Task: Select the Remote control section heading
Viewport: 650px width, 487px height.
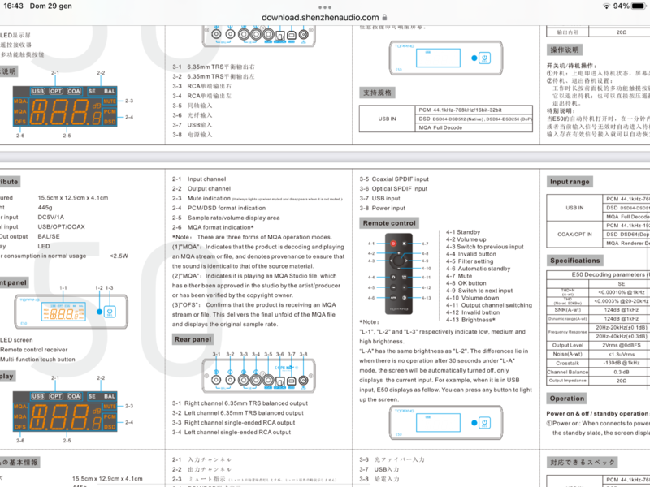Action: (389, 222)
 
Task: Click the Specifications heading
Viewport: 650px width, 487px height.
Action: (574, 261)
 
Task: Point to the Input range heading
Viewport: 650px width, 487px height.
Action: (569, 182)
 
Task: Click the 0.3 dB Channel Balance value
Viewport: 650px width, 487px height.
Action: (621, 373)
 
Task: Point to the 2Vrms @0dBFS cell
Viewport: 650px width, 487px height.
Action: (621, 345)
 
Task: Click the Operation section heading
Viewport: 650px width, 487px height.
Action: (566, 399)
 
